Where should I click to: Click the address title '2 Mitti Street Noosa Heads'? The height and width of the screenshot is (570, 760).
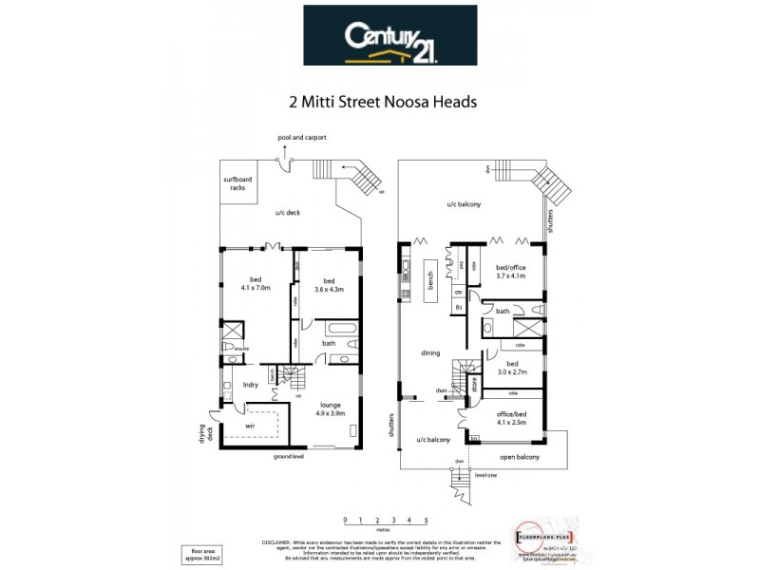pyautogui.click(x=381, y=100)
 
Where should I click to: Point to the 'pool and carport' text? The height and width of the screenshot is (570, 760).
pyautogui.click(x=302, y=138)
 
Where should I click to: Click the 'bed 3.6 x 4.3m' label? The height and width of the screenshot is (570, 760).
pyautogui.click(x=329, y=283)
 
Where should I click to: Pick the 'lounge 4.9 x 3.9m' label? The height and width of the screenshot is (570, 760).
pyautogui.click(x=333, y=409)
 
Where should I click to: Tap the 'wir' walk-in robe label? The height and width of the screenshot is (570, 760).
pyautogui.click(x=251, y=427)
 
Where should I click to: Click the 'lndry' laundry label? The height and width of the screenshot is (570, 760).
pyautogui.click(x=251, y=385)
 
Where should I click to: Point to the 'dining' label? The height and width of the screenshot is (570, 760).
pyautogui.click(x=430, y=352)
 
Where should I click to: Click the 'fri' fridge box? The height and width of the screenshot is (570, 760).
pyautogui.click(x=458, y=307)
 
